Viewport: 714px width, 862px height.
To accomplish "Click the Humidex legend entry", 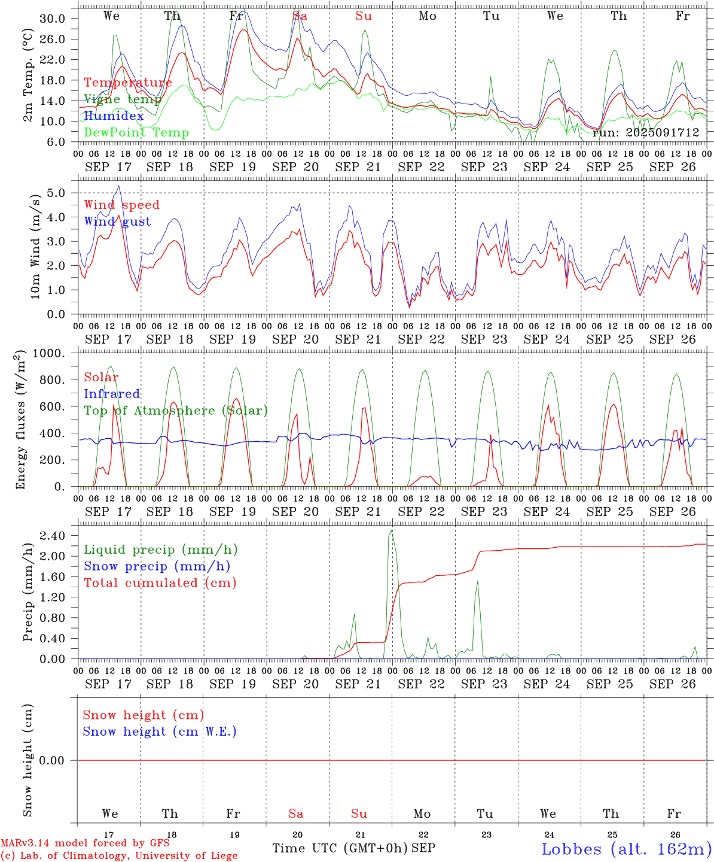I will [114, 116].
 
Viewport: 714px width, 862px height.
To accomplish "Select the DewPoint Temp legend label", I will [136, 132].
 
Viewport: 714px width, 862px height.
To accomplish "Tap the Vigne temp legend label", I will [122, 99].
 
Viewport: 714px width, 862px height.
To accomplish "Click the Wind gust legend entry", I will [117, 221].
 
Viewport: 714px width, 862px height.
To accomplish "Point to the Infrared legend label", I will [112, 394].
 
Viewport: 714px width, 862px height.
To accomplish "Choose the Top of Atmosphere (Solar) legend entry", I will [176, 411].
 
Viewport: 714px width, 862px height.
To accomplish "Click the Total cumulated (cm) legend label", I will [160, 582].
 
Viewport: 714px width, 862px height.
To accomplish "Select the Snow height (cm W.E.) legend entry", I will [160, 732].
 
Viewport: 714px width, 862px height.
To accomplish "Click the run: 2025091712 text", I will [645, 132].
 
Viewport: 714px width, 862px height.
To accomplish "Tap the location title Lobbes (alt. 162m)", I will [626, 848].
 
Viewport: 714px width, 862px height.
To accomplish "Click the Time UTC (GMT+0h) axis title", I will [340, 848].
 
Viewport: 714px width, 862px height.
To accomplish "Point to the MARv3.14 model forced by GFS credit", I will [85, 843].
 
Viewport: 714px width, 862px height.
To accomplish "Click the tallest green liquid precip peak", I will [391, 530].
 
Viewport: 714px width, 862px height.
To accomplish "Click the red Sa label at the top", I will [300, 16].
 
